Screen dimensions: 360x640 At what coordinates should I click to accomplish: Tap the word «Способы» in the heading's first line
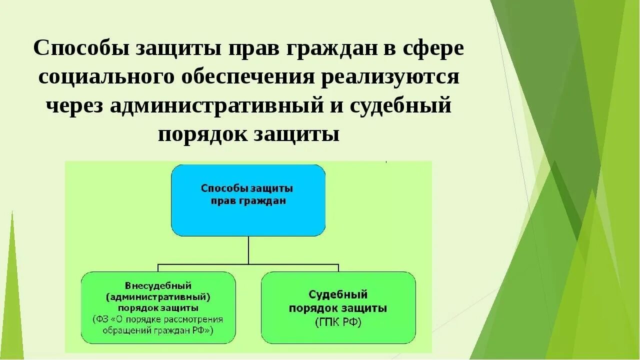(81, 49)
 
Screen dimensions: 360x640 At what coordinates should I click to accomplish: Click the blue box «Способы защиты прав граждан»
(248, 200)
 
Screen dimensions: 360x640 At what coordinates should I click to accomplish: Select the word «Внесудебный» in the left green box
(158, 285)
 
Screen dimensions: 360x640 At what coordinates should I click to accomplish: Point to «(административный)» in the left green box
(158, 296)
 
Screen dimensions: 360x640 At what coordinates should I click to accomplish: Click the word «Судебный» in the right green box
(338, 294)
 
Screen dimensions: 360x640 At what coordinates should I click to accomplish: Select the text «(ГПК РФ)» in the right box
(338, 322)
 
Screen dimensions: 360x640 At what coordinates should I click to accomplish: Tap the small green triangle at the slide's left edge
(12, 300)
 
